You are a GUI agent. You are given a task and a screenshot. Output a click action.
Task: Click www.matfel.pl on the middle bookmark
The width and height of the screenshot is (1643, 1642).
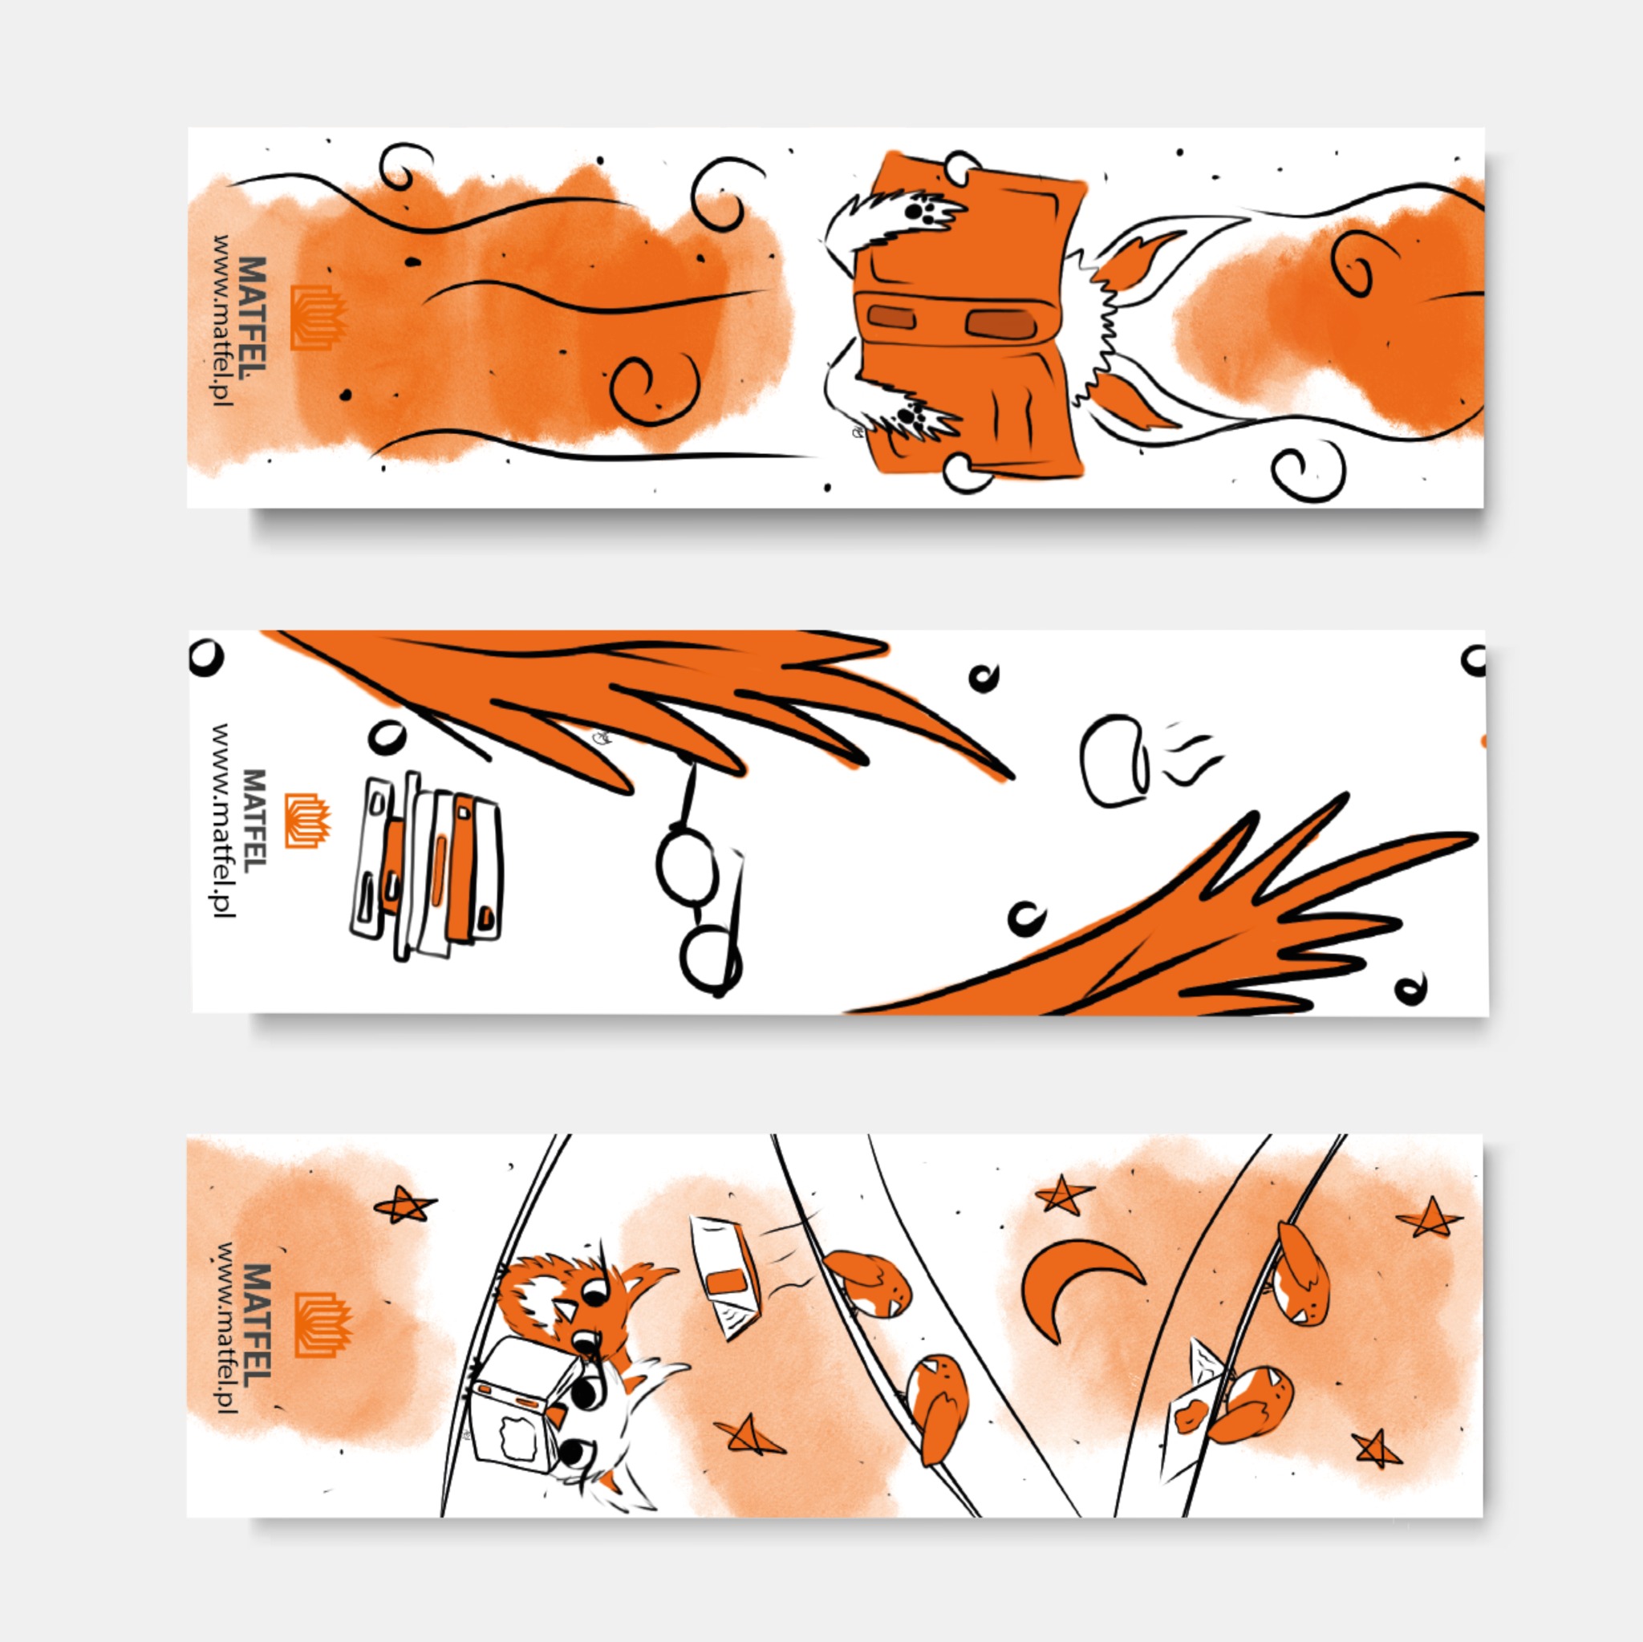[x=223, y=821]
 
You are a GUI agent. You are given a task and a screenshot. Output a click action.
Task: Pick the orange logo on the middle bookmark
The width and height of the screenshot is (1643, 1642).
[x=307, y=821]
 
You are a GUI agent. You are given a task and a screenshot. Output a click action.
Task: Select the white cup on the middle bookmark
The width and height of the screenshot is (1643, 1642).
[x=1114, y=761]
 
